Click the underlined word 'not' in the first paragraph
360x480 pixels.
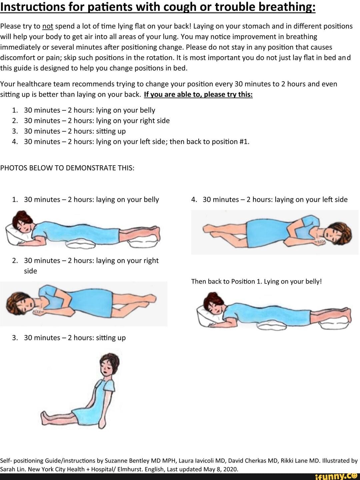pyautogui.click(x=48, y=26)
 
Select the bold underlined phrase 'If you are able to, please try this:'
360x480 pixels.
pyautogui.click(x=198, y=95)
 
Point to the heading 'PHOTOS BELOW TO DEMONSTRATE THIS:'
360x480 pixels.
pyautogui.click(x=67, y=168)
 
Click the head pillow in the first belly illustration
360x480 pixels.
pyautogui.click(x=16, y=235)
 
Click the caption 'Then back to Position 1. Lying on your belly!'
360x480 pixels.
pyautogui.click(x=256, y=281)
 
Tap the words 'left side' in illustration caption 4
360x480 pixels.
pyautogui.click(x=335, y=200)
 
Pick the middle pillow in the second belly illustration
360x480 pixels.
pyautogui.click(x=272, y=325)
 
